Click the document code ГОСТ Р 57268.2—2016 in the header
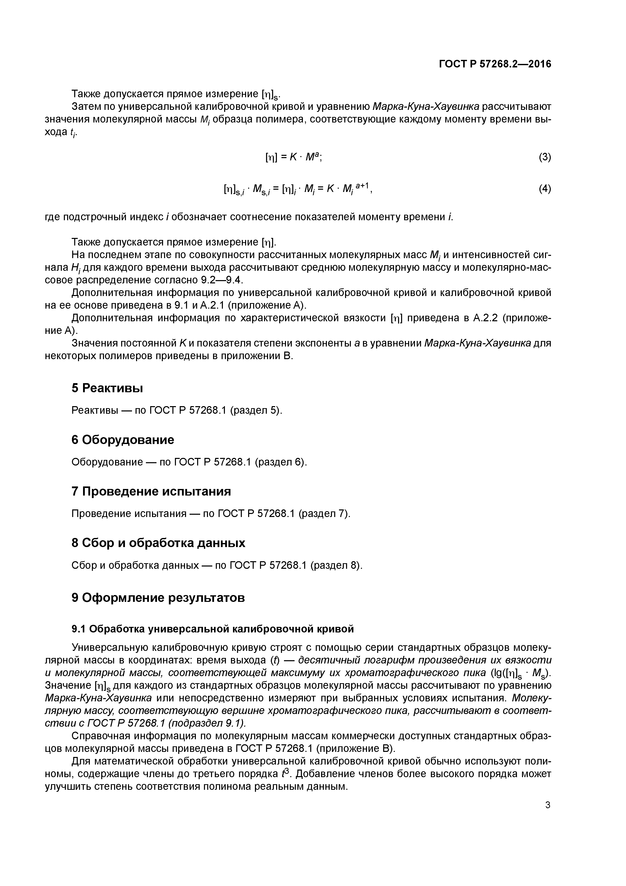pyautogui.click(x=495, y=64)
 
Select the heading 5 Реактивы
pyautogui.click(x=107, y=388)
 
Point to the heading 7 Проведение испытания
pyautogui.click(x=151, y=491)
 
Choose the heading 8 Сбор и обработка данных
pyautogui.click(x=158, y=543)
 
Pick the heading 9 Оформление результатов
pyautogui.click(x=158, y=598)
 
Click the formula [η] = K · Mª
pyautogui.click(x=293, y=157)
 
